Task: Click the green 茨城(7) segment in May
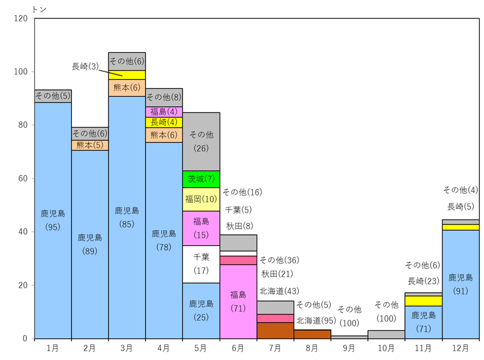[x=201, y=179]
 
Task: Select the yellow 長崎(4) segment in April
[x=164, y=122]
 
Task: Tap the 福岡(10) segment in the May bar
[x=201, y=199]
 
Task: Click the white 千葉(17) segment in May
[x=201, y=265]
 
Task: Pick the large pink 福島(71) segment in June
[x=238, y=302]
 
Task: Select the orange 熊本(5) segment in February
[x=90, y=145]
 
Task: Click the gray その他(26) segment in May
[x=201, y=142]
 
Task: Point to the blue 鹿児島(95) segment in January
[x=53, y=221]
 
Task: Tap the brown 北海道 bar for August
[x=312, y=334]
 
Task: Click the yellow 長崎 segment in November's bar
[x=423, y=301]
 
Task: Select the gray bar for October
[x=386, y=335]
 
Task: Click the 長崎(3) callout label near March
[x=85, y=66]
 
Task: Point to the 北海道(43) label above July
[x=280, y=291]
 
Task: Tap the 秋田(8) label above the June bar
[x=240, y=226]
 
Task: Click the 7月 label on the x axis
[x=275, y=348]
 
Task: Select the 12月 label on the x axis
[x=460, y=348]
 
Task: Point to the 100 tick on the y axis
[x=21, y=72]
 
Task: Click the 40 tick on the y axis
[x=23, y=232]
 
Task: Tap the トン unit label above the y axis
[x=39, y=10]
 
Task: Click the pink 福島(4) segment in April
[x=164, y=112]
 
